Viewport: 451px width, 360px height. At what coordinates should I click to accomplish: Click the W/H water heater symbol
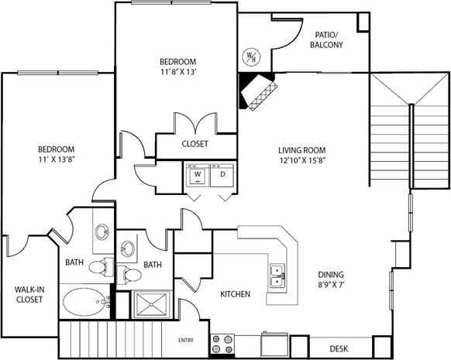coord(253,57)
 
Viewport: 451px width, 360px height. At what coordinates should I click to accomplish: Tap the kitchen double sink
coord(277,276)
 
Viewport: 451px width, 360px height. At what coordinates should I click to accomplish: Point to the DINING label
coord(330,274)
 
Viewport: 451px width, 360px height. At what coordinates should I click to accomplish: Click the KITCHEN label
coord(235,294)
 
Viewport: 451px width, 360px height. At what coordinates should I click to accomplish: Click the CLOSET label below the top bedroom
coord(195,143)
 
